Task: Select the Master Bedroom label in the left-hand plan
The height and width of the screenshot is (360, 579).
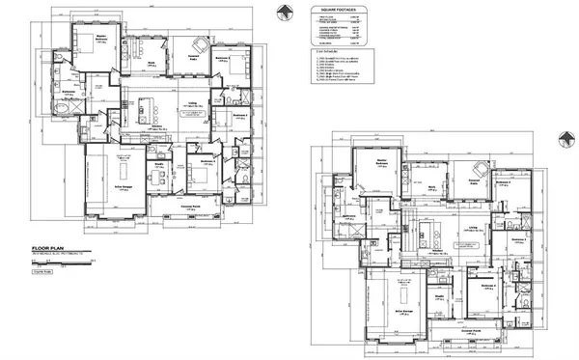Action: [101, 41]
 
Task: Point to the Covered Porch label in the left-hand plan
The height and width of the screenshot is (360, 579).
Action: [192, 207]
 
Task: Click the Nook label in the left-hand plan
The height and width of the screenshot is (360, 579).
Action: [152, 63]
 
